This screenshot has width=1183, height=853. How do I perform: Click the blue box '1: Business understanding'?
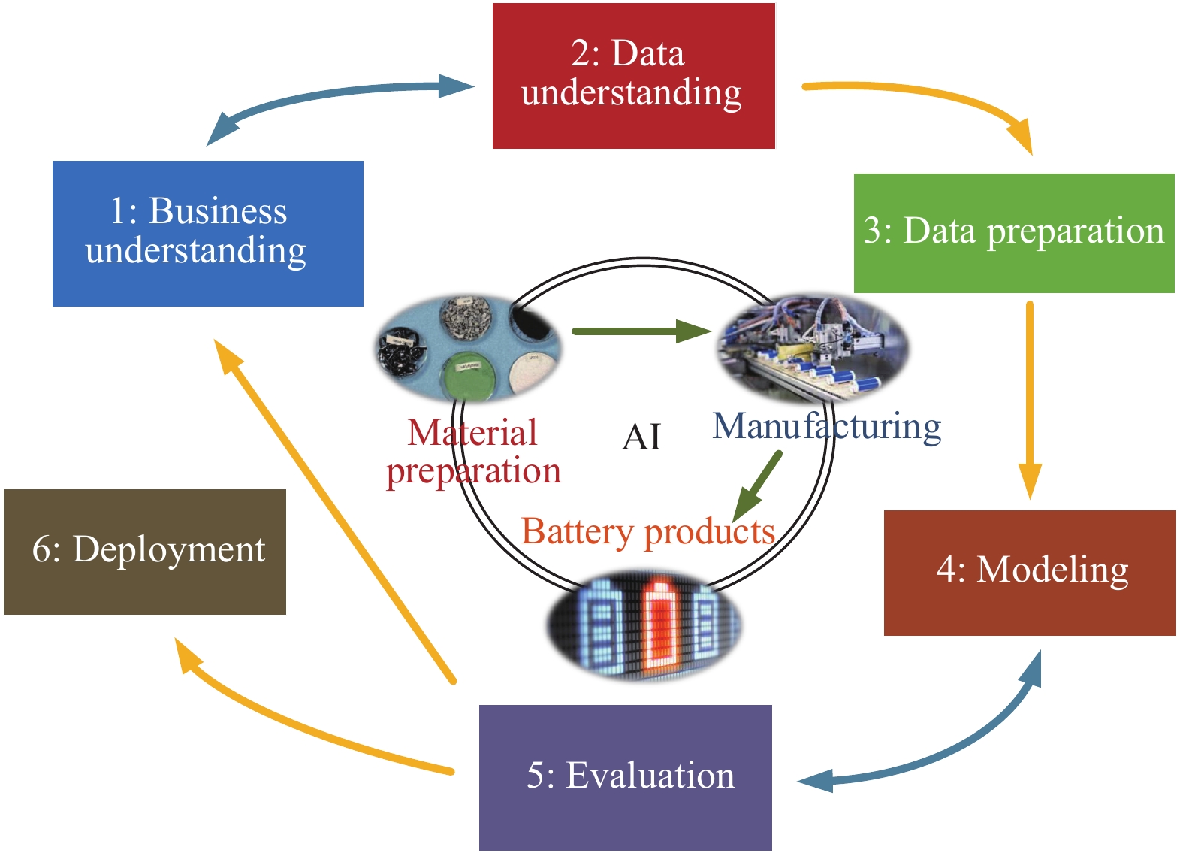pos(207,233)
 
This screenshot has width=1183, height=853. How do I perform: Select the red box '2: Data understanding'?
pos(633,75)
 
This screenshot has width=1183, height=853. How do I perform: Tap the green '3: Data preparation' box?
pos(1014,233)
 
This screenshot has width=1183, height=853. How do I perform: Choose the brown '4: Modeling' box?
pos(1030,573)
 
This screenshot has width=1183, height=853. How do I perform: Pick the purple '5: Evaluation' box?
pos(625,777)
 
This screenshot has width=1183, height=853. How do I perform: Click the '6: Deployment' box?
pos(145,552)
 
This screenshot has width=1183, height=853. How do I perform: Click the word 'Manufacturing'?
pos(826,427)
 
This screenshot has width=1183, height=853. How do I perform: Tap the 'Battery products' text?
pos(647,532)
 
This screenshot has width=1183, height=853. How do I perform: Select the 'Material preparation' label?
pos(473,452)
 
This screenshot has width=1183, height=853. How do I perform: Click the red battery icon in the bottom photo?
pos(660,623)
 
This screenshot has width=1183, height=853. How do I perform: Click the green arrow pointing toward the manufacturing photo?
pos(638,331)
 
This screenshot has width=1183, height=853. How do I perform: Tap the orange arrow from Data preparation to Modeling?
pos(1030,398)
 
